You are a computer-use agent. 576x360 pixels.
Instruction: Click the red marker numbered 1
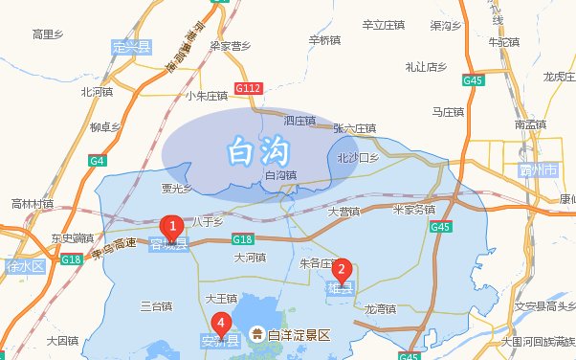[x=172, y=228]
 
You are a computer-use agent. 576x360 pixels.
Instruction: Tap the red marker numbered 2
[x=341, y=270]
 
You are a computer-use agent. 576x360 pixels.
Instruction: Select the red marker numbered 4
[x=222, y=324]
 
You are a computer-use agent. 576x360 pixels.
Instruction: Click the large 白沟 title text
[x=257, y=149]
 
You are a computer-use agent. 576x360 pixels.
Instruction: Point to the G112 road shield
[x=248, y=88]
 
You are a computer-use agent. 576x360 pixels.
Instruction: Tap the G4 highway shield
[x=98, y=160]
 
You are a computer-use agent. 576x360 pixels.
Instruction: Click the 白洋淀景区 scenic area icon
[x=257, y=334]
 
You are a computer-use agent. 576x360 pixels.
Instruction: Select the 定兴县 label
[x=131, y=47]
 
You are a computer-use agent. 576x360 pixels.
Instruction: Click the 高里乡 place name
[x=48, y=34]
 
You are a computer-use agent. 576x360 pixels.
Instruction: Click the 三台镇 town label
[x=156, y=306]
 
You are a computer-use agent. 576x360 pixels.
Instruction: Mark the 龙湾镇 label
[x=381, y=308]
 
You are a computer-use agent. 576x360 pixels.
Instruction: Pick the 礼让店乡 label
[x=426, y=67]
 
